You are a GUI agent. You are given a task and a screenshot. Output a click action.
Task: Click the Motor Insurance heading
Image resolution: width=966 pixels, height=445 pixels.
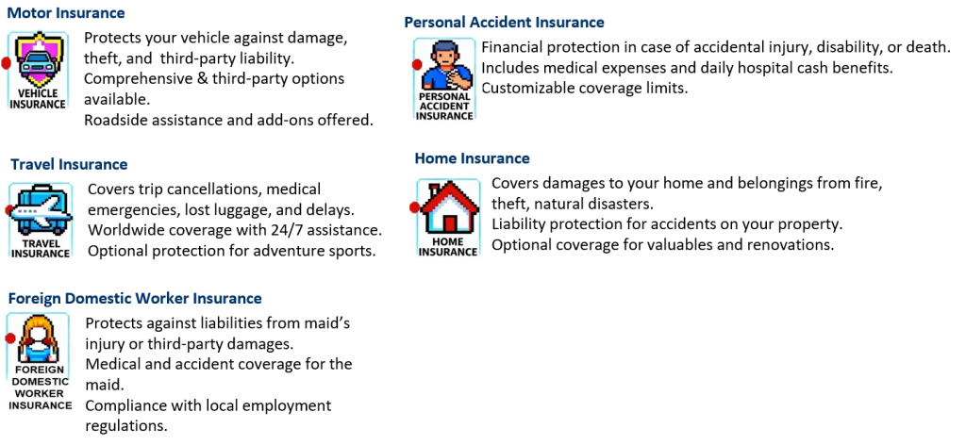pyautogui.click(x=67, y=12)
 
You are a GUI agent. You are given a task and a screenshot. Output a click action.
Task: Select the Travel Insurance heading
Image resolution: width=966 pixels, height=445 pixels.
pyautogui.click(x=69, y=164)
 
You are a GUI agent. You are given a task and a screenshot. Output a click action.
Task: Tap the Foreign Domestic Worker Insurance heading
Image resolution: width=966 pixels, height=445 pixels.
pyautogui.click(x=135, y=299)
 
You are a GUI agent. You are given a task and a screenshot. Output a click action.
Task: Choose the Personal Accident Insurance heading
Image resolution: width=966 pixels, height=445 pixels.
pyautogui.click(x=504, y=23)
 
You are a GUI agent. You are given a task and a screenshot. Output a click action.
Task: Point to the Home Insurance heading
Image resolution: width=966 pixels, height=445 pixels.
pyautogui.click(x=472, y=158)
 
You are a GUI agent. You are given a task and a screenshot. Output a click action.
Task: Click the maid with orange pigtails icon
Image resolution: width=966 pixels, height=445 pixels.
pyautogui.click(x=38, y=339)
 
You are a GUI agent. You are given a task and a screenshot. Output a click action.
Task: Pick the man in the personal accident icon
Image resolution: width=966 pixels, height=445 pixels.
pyautogui.click(x=446, y=66)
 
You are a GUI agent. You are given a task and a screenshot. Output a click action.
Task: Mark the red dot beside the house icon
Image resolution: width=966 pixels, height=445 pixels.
pyautogui.click(x=415, y=207)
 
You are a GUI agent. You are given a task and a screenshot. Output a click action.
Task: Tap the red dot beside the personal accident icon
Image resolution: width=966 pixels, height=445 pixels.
pyautogui.click(x=417, y=64)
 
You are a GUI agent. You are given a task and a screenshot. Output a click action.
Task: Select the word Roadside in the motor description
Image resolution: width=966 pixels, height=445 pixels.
pyautogui.click(x=113, y=120)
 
